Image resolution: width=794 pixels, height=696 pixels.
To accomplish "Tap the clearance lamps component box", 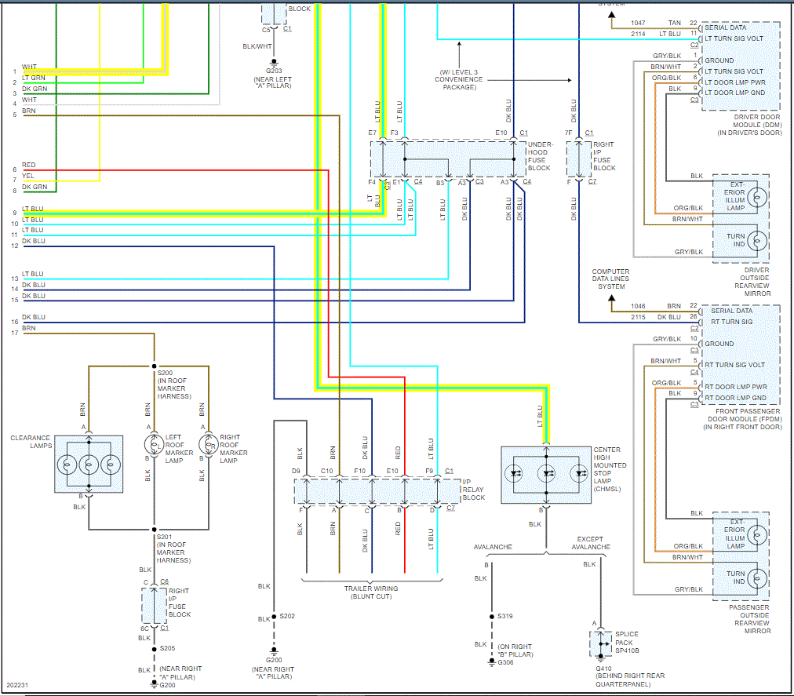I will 88,464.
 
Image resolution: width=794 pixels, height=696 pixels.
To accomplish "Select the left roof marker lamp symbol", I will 154,445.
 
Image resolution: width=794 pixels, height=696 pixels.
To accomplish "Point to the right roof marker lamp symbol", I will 209,445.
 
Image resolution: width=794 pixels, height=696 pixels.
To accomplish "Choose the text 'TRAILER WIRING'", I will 370,588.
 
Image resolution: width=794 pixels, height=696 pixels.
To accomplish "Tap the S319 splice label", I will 505,616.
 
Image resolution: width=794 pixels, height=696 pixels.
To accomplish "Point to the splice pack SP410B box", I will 600,643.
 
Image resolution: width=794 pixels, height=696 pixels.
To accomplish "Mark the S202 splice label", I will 288,616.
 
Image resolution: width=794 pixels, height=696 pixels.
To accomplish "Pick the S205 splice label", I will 167,648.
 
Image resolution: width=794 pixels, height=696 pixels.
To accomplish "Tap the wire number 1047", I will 637,24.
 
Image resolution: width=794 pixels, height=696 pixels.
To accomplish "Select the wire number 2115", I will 637,317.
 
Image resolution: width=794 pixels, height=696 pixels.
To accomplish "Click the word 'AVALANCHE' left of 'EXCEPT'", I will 493,547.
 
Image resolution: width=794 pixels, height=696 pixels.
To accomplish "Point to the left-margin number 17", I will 14,333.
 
